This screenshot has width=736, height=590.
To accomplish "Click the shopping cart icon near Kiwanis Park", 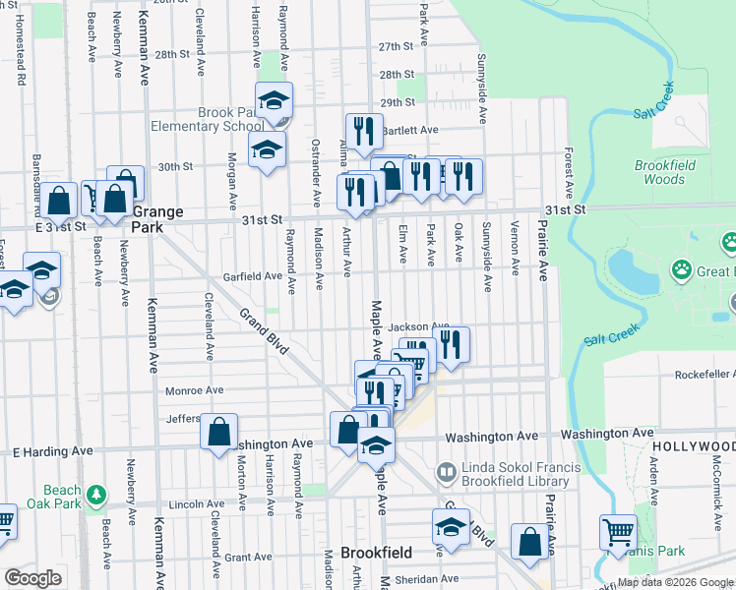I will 618,532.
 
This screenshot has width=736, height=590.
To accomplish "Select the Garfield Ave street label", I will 252,276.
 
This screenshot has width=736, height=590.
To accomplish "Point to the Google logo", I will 32,578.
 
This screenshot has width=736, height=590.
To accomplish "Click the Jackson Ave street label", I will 418,326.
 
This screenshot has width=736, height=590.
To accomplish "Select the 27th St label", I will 396,46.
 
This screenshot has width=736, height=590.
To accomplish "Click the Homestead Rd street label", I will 20,59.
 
